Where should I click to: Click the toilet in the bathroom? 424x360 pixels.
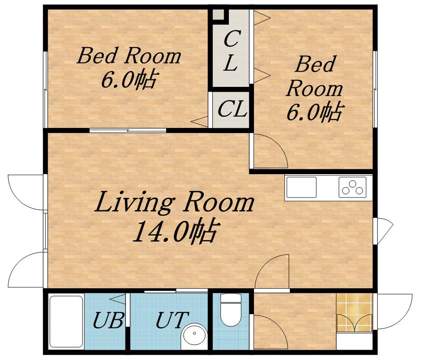click(231, 310)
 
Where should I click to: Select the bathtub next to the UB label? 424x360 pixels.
click(66, 322)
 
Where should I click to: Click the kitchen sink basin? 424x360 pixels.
click(301, 187)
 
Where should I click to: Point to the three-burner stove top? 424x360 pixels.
click(352, 187)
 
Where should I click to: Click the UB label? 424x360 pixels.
click(108, 320)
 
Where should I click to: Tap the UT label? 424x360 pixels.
click(172, 320)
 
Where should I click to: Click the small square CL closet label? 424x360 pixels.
click(232, 108)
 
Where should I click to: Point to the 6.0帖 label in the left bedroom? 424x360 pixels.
click(129, 79)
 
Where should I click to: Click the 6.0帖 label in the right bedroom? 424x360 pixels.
click(315, 112)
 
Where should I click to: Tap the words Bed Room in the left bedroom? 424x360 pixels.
click(129, 56)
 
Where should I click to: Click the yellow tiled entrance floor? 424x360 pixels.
click(354, 312)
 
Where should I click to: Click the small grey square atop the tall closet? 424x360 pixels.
click(218, 14)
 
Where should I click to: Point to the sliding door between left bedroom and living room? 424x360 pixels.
click(128, 131)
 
